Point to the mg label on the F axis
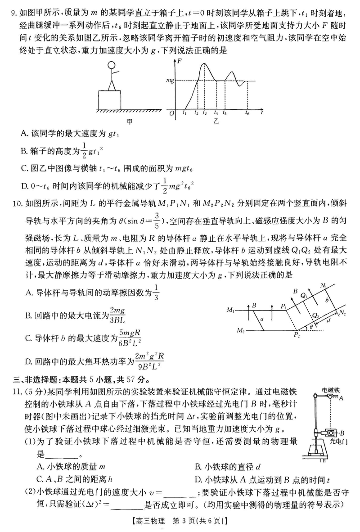click(170, 81)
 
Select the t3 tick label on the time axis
click(205, 114)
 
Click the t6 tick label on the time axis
click(247, 114)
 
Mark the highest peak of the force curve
click(204, 64)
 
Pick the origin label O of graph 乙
click(171, 114)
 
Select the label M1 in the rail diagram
click(231, 310)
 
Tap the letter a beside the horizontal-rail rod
click(262, 319)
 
